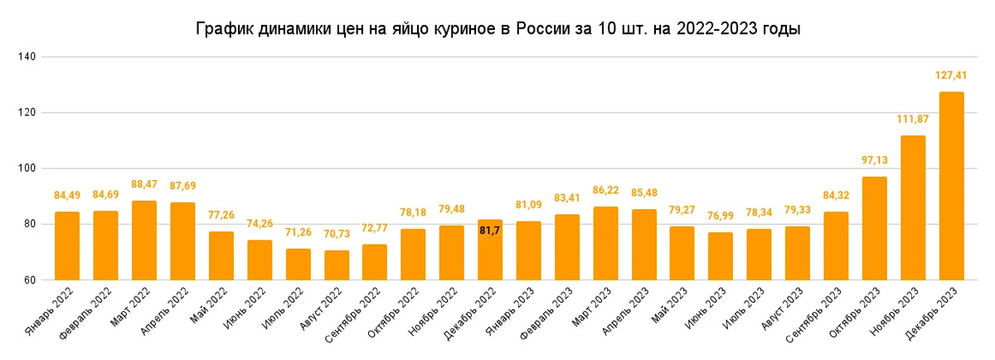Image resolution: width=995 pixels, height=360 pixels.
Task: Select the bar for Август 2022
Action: [336, 265]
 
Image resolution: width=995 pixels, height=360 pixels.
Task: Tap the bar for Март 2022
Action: [144, 241]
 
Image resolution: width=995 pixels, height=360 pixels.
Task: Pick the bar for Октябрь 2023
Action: [874, 228]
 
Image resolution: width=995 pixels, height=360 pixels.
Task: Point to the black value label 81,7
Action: [490, 230]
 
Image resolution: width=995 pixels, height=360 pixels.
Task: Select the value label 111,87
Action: [912, 119]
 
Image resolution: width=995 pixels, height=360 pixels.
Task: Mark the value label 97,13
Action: [874, 160]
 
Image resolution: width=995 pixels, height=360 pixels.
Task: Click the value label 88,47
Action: [144, 184]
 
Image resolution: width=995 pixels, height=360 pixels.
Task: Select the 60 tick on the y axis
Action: [28, 280]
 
